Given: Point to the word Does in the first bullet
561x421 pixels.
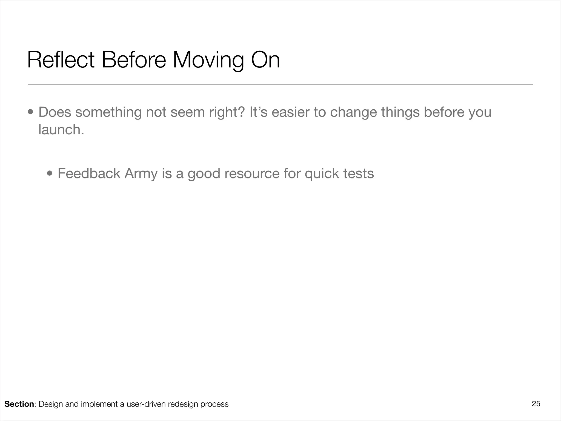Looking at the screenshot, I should coord(55,112).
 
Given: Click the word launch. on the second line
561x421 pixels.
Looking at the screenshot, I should coord(61,130).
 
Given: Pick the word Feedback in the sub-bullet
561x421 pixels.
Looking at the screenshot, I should coord(89,173).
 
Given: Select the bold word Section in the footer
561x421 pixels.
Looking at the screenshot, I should coord(19,404).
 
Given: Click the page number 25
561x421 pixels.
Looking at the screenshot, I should coord(536,404).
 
